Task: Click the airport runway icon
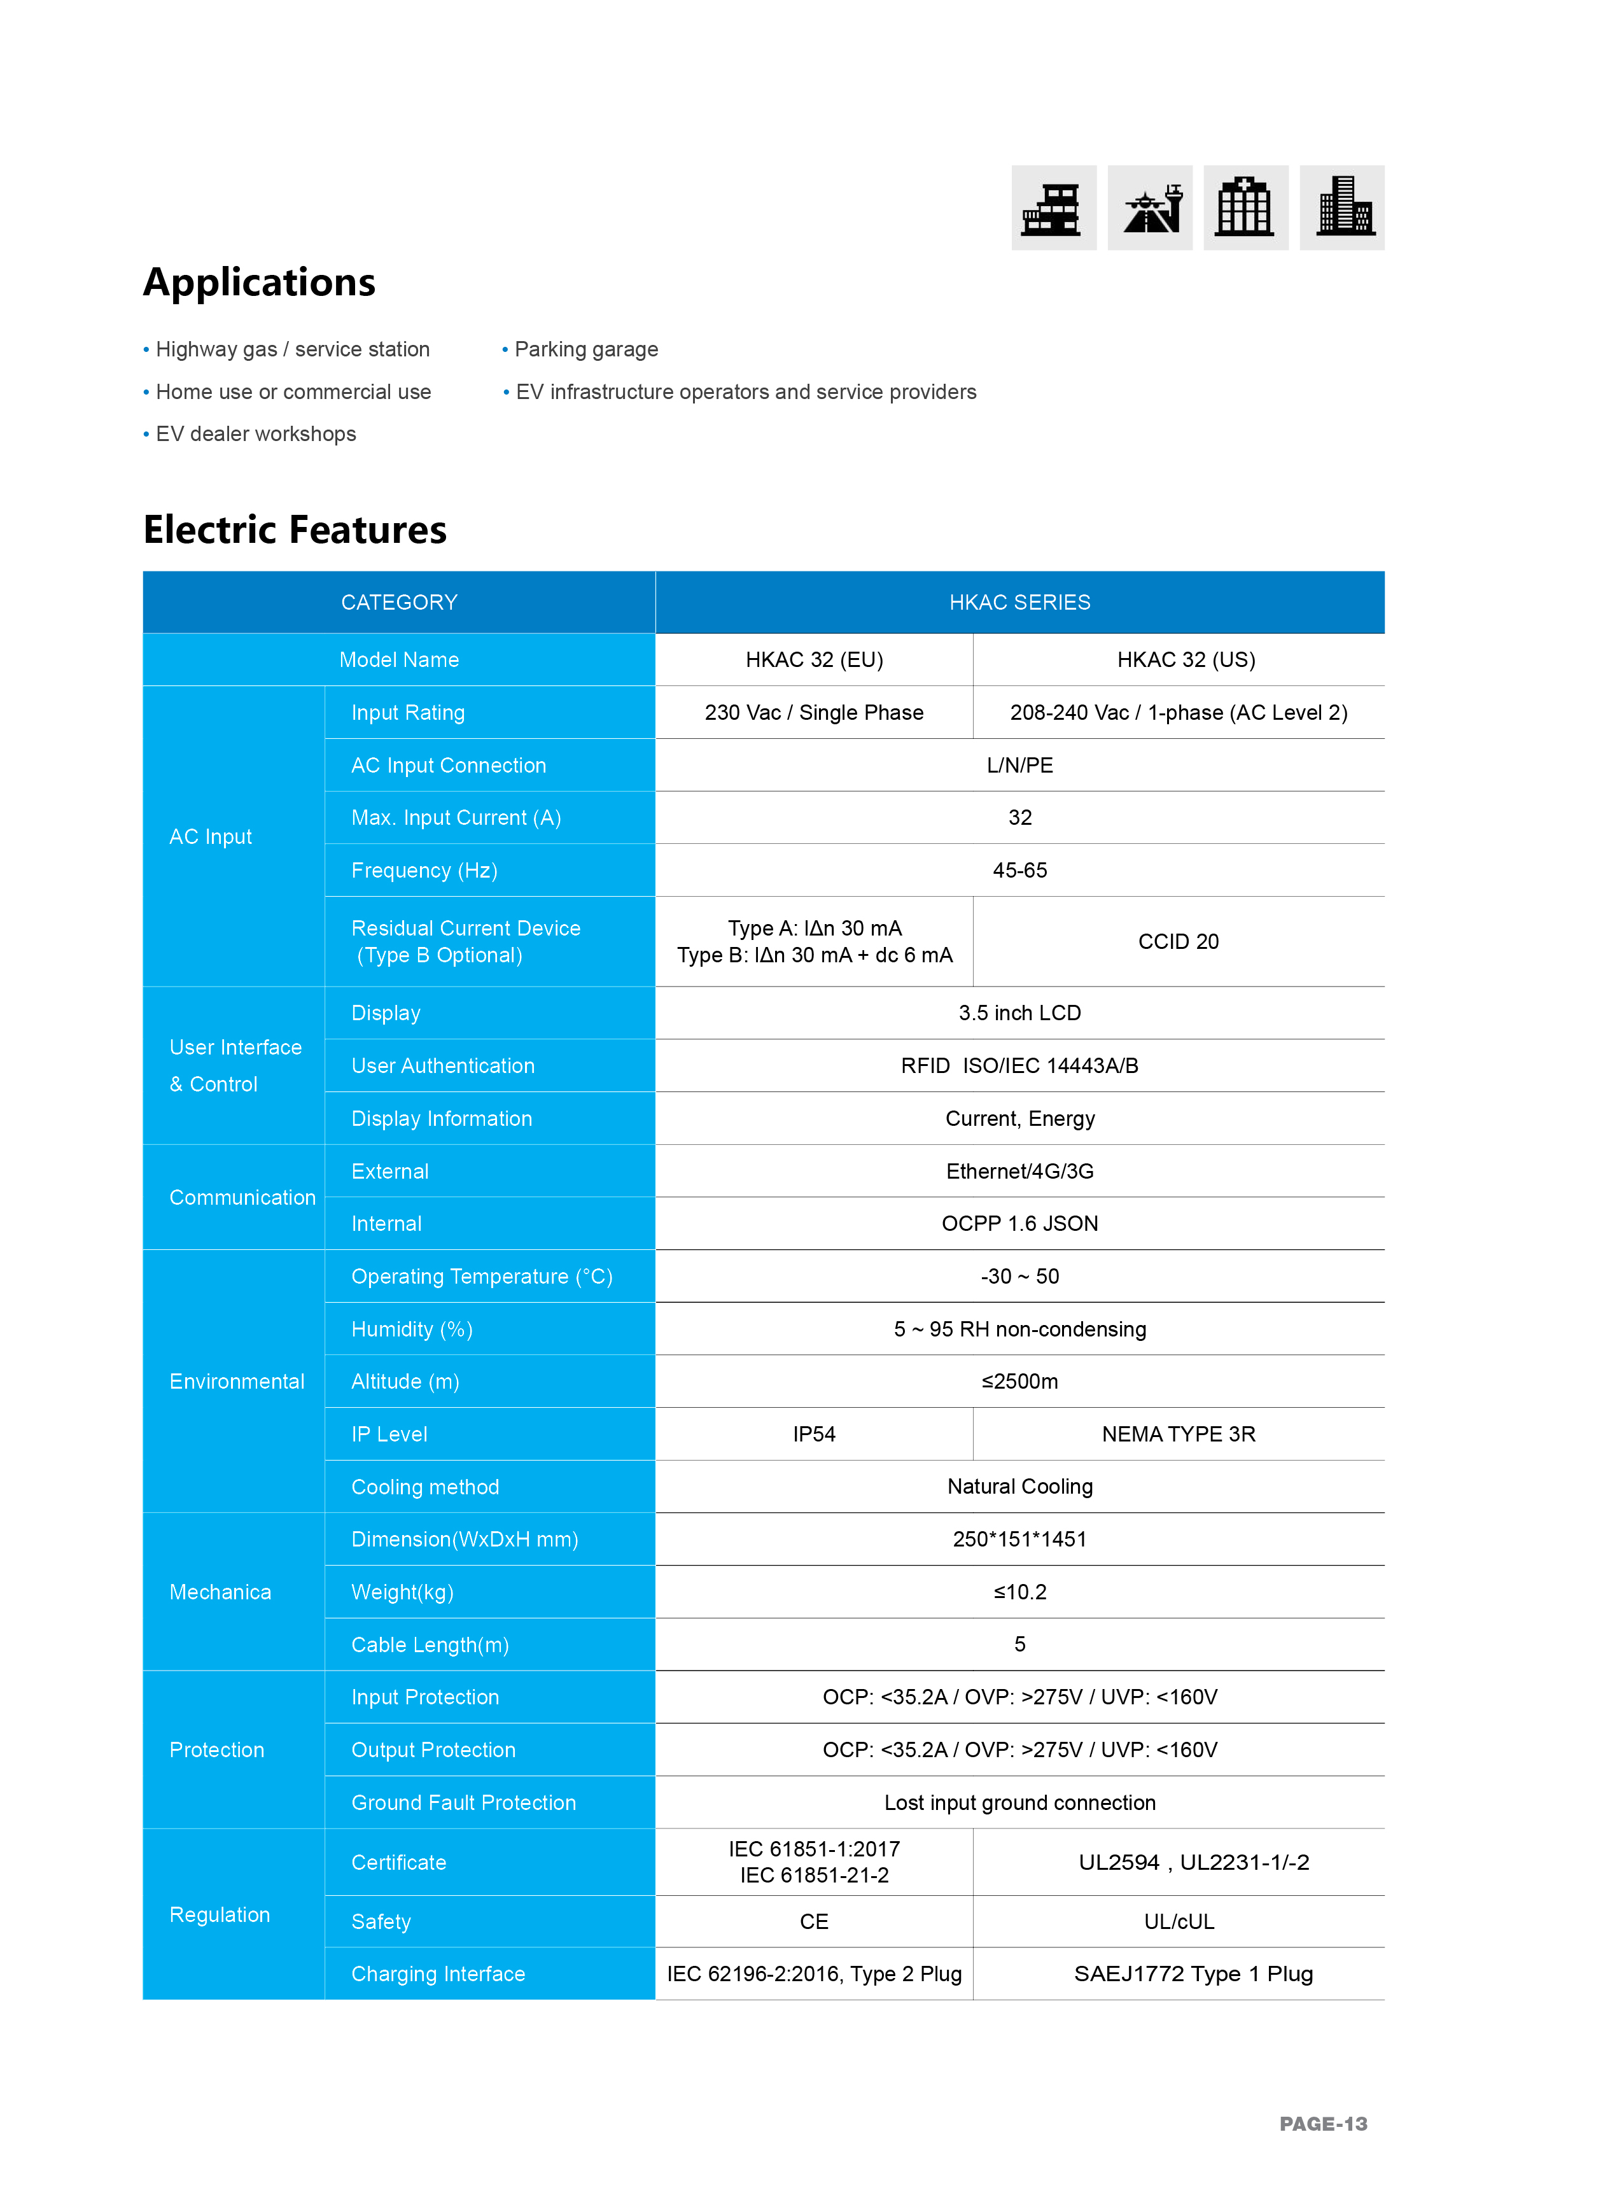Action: (x=1149, y=207)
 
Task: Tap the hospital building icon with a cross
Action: (x=1245, y=207)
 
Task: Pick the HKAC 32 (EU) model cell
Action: (x=814, y=659)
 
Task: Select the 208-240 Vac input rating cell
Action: (x=1178, y=713)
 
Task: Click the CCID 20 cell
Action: (x=1178, y=942)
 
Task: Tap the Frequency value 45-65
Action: (x=1019, y=870)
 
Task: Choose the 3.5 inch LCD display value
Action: (x=1019, y=1013)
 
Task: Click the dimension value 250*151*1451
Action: (x=1019, y=1539)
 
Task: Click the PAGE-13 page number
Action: (x=1322, y=2124)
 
